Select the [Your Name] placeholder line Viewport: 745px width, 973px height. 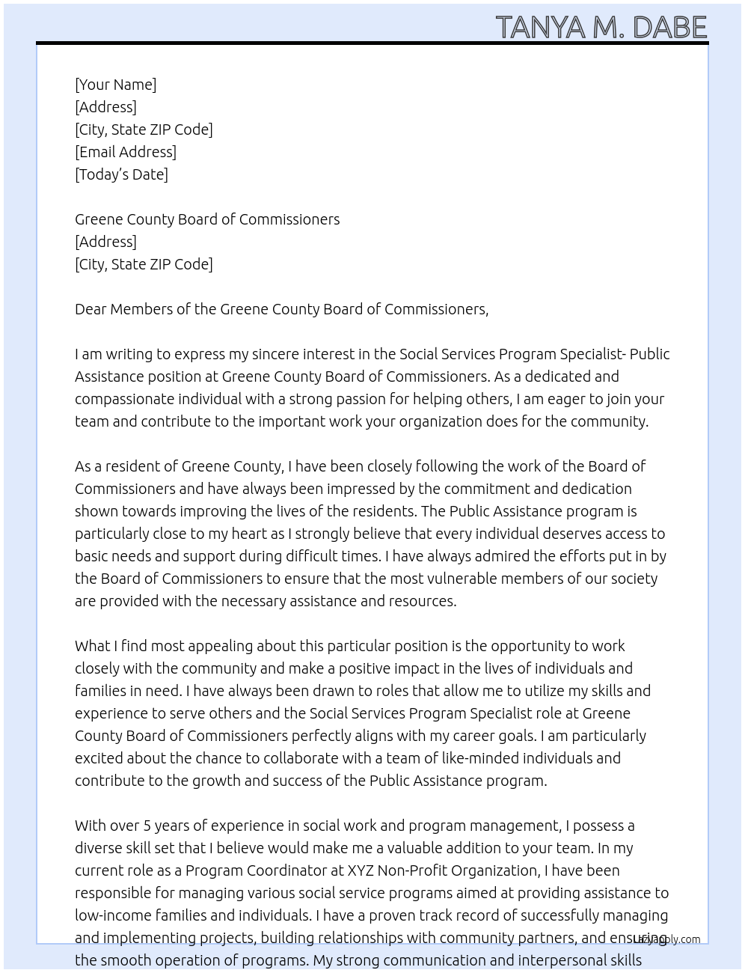point(116,85)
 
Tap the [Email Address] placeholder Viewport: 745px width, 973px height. point(126,152)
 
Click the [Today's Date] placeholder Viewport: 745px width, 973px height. point(121,174)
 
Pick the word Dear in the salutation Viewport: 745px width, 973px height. point(91,309)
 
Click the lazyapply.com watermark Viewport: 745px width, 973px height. point(666,939)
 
